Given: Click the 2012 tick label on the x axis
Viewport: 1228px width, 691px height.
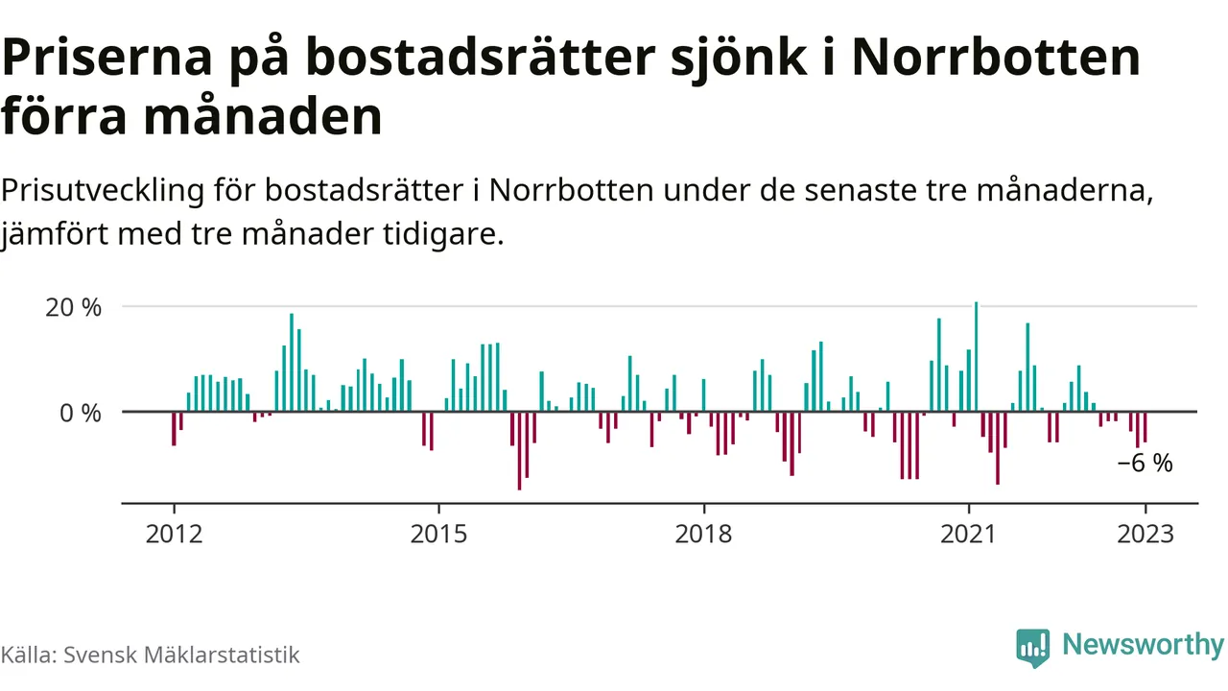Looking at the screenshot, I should pos(174,534).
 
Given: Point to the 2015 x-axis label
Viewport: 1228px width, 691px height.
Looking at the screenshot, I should pos(438,534).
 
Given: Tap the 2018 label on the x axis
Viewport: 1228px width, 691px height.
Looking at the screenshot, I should pos(703,534).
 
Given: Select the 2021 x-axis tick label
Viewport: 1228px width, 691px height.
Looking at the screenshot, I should pos(968,534).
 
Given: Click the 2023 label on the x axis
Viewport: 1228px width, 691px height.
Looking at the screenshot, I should pos(1145,534).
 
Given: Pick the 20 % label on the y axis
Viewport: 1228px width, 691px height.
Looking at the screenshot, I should pos(74,308).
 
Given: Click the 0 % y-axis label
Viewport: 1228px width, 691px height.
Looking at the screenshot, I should pos(82,414).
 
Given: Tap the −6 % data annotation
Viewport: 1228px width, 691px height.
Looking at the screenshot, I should pos(1145,464).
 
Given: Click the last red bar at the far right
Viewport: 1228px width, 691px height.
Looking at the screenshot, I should pos(1145,427).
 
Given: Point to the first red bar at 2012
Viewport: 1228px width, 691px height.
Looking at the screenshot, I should pos(174,429).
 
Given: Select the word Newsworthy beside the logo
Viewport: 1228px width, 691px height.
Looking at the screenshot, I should pos(1142,645).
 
